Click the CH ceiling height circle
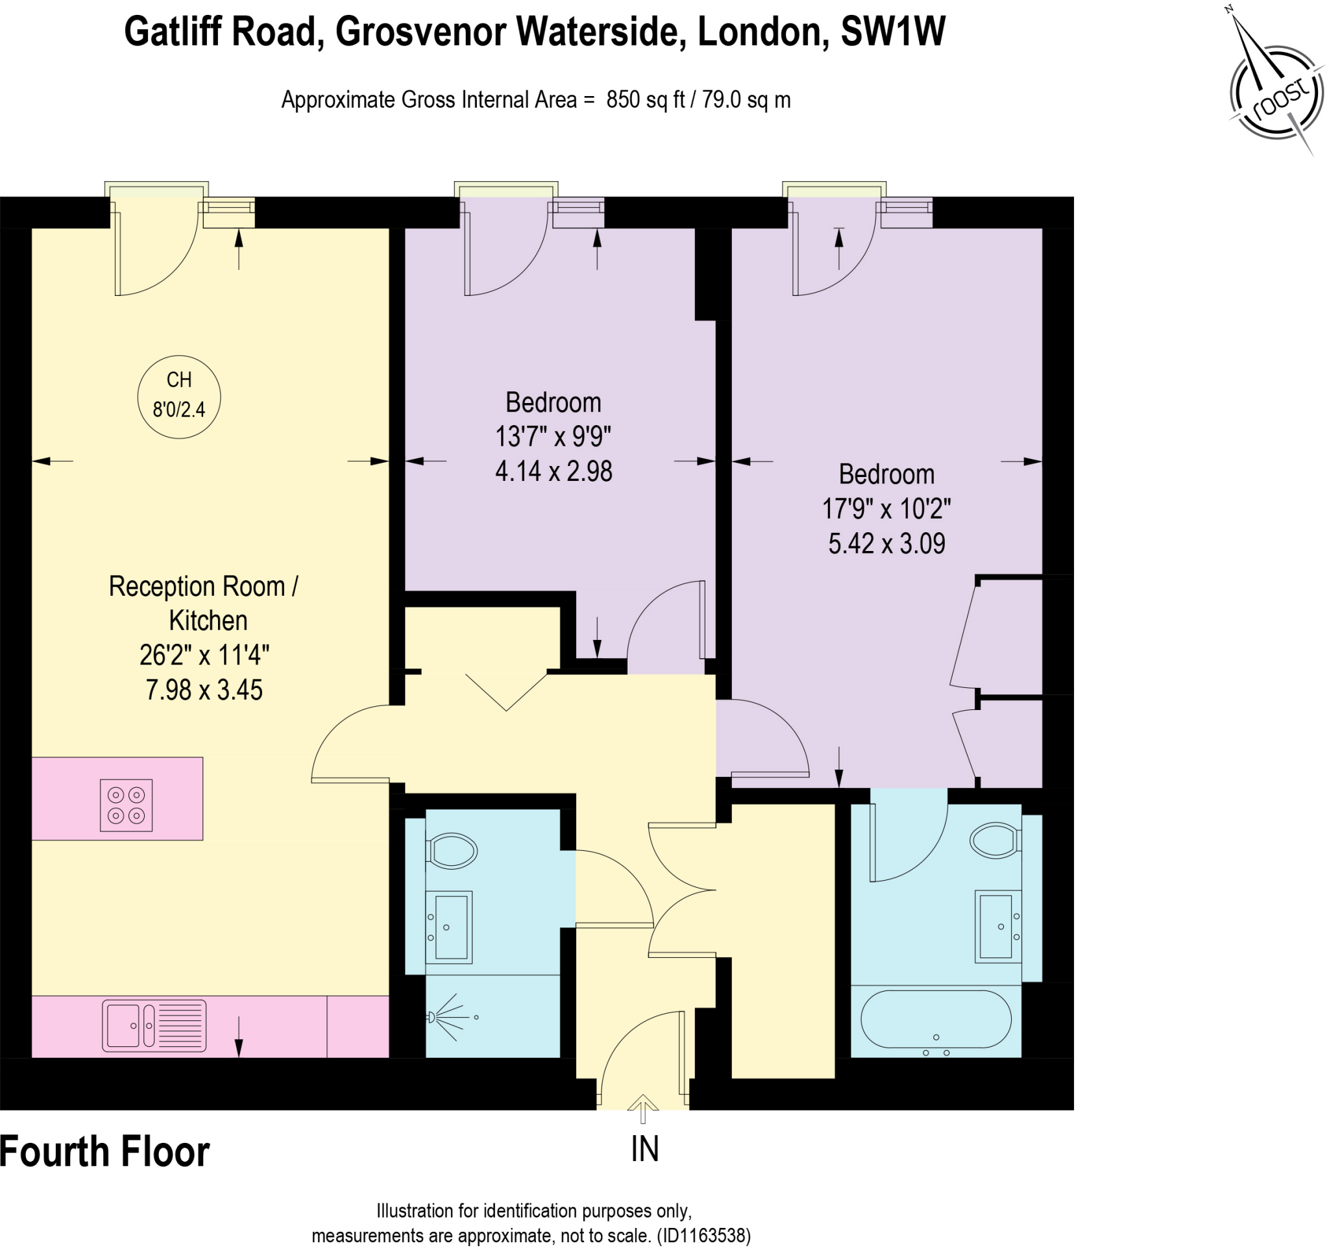coord(179,397)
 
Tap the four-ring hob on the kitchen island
coord(127,805)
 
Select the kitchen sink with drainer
coord(154,1025)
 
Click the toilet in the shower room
coord(452,851)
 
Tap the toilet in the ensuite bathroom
coord(995,840)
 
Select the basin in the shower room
coord(449,927)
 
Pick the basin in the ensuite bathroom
coord(997,927)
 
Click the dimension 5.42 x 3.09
coord(886,543)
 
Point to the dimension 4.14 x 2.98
coord(554,471)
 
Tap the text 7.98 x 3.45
coord(204,690)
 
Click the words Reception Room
coord(197,586)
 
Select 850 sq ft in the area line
coord(645,100)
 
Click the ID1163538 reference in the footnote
coord(703,1235)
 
